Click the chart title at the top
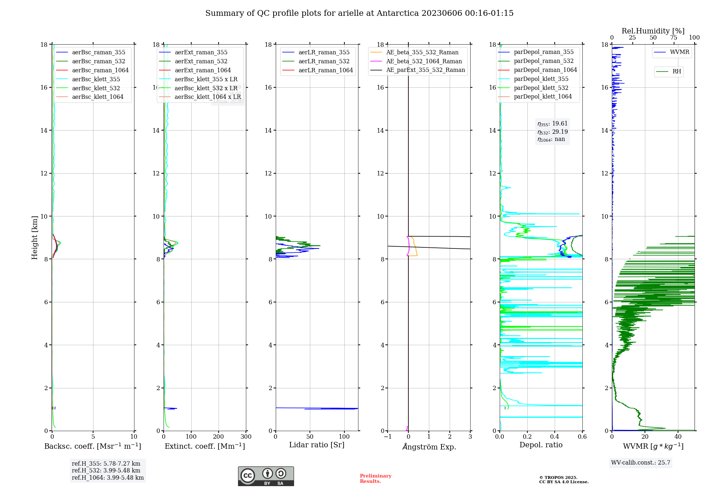(x=359, y=13)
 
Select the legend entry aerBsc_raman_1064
(x=100, y=70)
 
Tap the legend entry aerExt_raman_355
(x=201, y=52)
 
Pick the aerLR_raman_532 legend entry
(x=324, y=61)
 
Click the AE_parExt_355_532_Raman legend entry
(x=425, y=70)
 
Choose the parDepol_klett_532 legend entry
(x=541, y=88)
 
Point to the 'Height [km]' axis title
(x=35, y=237)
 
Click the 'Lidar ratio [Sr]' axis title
(x=317, y=445)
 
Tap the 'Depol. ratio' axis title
(x=541, y=445)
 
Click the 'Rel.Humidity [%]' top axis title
(x=653, y=31)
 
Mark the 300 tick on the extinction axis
(x=246, y=437)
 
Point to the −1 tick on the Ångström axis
(x=388, y=437)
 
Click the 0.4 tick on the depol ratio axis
(x=555, y=437)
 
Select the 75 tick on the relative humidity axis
(x=674, y=38)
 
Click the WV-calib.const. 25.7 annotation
(x=641, y=463)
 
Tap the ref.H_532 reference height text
(x=106, y=470)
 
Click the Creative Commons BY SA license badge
(x=266, y=476)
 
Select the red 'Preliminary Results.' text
(x=375, y=479)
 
